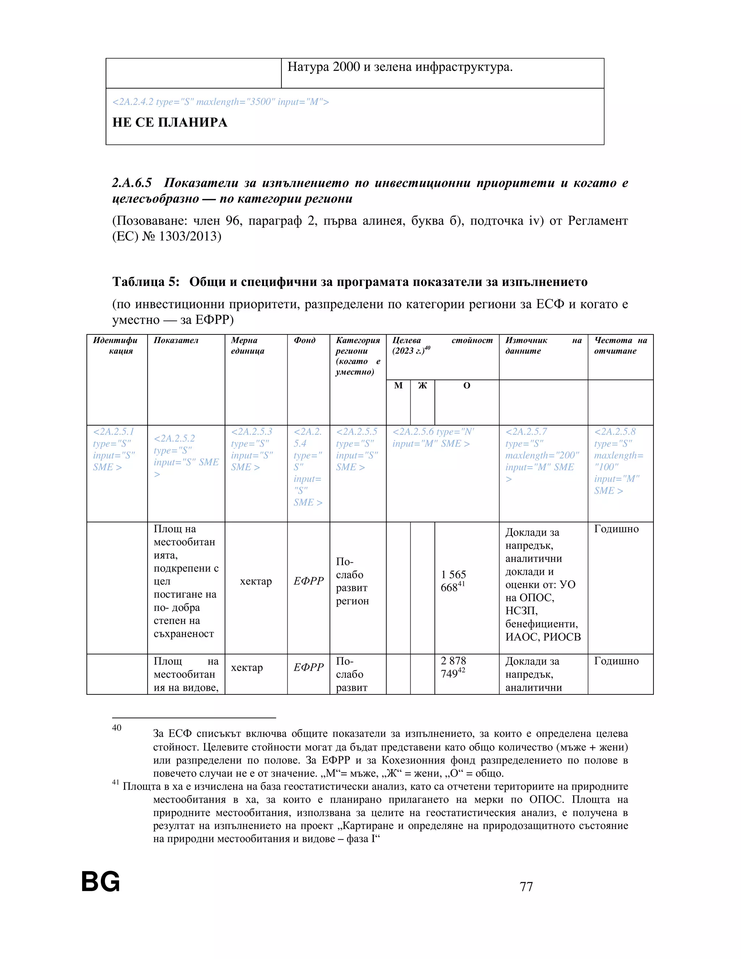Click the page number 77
tap(526, 886)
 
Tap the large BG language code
tap(101, 882)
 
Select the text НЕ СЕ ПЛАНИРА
tap(170, 123)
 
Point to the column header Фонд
tap(304, 340)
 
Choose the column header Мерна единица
tap(247, 346)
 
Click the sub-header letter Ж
tap(422, 385)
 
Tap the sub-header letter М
tap(398, 385)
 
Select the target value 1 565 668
tap(453, 581)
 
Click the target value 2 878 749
tap(453, 667)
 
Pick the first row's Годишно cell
tap(616, 529)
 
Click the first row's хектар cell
tap(255, 582)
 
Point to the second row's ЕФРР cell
tap(308, 667)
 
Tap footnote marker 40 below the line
tap(117, 728)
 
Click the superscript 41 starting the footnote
tap(115, 782)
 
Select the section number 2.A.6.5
tap(132, 183)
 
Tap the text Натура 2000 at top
tap(323, 67)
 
